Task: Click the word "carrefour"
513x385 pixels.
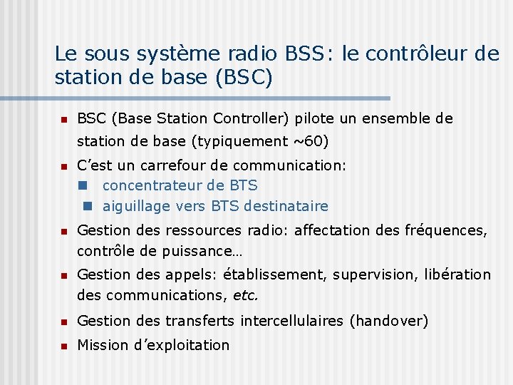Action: (x=173, y=165)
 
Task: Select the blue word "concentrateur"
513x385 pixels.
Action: (x=143, y=185)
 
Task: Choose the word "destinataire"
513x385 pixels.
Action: (x=286, y=206)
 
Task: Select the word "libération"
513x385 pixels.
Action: (x=457, y=274)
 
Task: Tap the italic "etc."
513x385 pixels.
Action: (x=246, y=294)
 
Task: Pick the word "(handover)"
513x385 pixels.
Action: (x=388, y=321)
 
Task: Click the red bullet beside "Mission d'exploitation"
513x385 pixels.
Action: (x=63, y=346)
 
